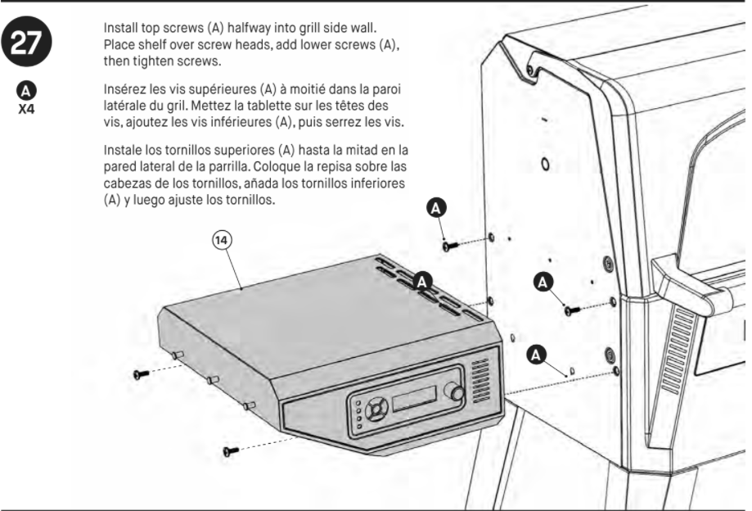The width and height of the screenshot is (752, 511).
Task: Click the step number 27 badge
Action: [x=26, y=43]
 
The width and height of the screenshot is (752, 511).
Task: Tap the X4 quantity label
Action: [x=26, y=110]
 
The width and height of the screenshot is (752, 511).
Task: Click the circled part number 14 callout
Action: [x=222, y=240]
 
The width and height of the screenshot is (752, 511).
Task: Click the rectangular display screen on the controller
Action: [x=414, y=398]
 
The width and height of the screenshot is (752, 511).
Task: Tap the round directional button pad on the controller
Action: [x=376, y=409]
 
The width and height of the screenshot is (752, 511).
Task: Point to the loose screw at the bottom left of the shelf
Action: [x=231, y=451]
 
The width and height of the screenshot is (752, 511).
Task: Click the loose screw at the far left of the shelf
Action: [x=141, y=373]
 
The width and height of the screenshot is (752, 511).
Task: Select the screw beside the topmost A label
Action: [x=450, y=246]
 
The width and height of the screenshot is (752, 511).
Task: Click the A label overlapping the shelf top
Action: [x=422, y=282]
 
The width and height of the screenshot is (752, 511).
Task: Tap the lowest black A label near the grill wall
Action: [x=536, y=355]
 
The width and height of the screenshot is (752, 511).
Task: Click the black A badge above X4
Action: [x=26, y=91]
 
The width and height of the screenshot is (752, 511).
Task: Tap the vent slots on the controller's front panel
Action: [x=480, y=382]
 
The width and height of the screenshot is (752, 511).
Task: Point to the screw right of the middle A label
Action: [x=572, y=310]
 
